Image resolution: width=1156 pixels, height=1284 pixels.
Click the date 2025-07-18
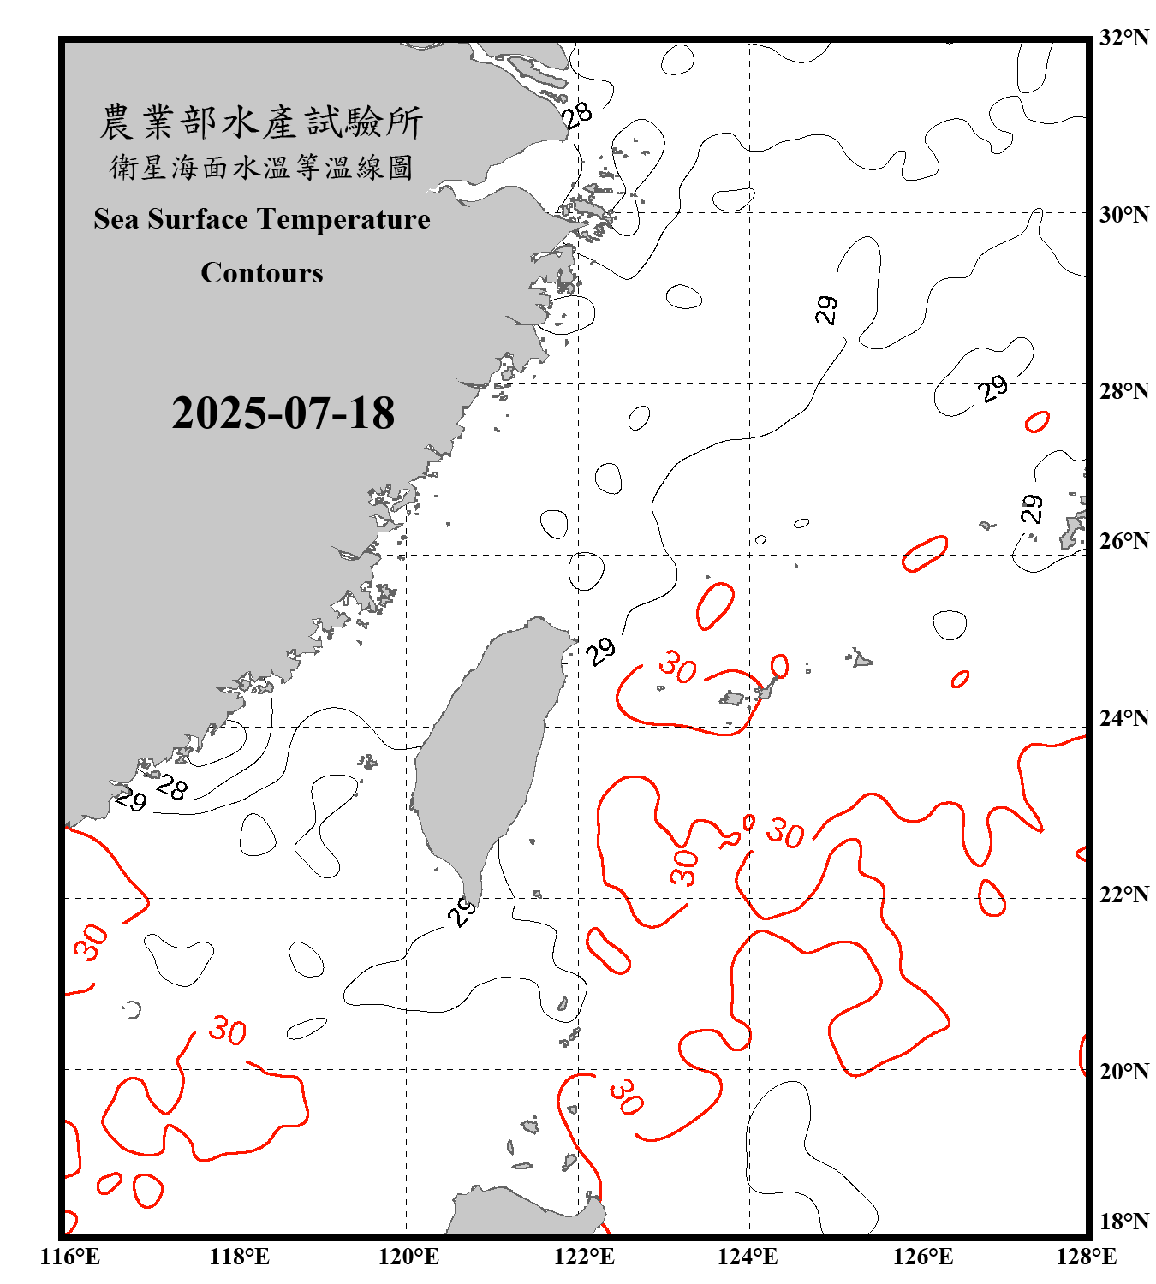point(283,413)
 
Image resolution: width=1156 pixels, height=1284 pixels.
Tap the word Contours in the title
point(262,273)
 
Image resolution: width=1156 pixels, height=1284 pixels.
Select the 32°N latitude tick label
point(1123,38)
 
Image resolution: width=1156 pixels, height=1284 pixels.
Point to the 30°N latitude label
point(1123,214)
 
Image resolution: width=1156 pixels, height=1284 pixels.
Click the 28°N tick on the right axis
point(1123,391)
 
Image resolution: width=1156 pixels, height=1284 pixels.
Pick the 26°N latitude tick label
point(1123,541)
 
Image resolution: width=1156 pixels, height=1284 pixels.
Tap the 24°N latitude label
point(1123,717)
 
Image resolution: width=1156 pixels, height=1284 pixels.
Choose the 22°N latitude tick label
point(1123,895)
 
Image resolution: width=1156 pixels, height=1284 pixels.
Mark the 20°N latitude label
point(1123,1071)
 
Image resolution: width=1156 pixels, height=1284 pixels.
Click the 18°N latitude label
point(1123,1222)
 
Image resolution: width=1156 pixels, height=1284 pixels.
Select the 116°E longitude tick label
point(69,1257)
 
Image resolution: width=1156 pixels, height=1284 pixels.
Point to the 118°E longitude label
point(239,1257)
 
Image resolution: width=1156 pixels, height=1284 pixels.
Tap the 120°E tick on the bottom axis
point(408,1257)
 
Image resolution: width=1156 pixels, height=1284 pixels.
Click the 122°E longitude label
point(584,1257)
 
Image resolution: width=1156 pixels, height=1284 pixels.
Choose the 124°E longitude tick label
point(748,1257)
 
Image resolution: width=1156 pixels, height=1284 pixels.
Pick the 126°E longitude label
point(922,1257)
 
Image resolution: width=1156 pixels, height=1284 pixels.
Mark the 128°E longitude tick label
point(1086,1257)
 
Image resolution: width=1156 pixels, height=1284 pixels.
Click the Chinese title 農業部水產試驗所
point(261,122)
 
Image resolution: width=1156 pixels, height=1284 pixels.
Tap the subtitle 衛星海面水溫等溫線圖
point(261,167)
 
